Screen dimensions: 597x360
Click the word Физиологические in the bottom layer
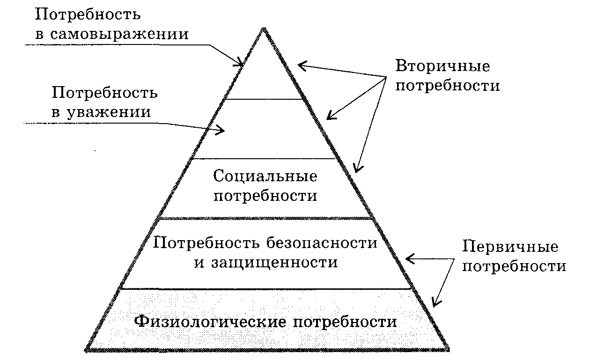tap(208, 323)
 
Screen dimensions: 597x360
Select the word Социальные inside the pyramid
tap(265, 176)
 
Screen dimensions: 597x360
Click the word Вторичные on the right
tap(442, 66)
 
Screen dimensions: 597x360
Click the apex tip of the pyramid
tap(265, 29)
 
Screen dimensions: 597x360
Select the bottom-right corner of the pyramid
tap(449, 349)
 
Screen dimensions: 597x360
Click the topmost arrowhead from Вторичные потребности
tap(300, 66)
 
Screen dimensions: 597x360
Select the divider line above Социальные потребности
tap(265, 159)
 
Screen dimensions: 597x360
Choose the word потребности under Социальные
tap(265, 196)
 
